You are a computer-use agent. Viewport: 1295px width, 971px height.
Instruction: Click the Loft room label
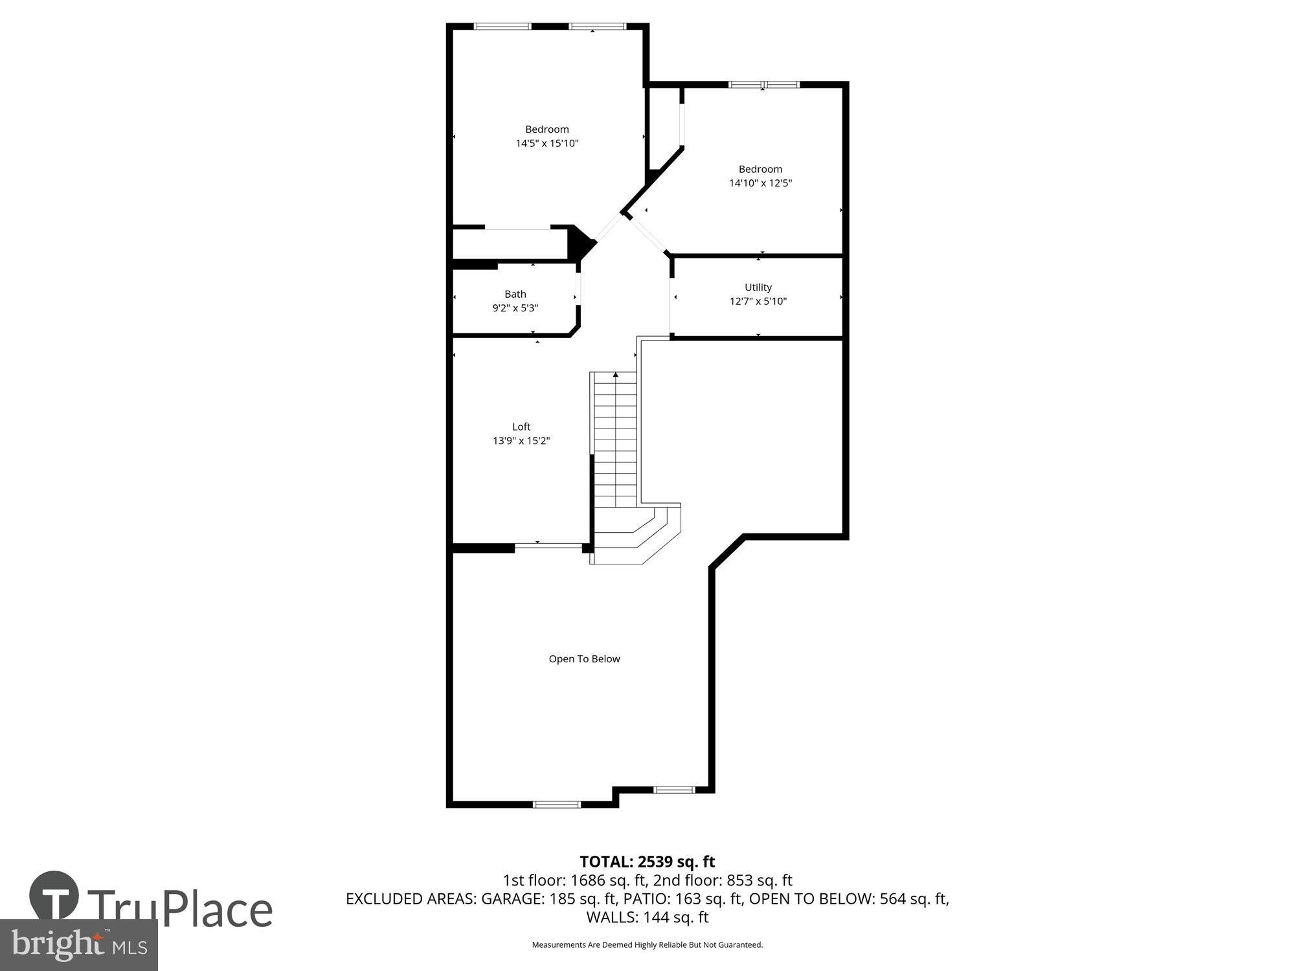point(521,427)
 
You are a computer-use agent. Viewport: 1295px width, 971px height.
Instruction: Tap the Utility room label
point(758,287)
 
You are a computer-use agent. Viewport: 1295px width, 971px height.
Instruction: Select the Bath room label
point(515,295)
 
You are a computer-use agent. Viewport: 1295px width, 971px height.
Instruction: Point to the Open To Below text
point(584,659)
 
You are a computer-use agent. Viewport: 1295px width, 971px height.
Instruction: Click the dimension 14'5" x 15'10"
point(547,144)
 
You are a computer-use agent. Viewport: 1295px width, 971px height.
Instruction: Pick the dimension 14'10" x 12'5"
point(760,183)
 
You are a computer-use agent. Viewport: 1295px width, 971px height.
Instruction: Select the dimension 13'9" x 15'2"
point(521,441)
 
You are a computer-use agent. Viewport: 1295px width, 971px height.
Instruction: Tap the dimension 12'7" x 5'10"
point(758,302)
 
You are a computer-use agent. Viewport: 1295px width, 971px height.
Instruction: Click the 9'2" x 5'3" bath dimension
point(515,309)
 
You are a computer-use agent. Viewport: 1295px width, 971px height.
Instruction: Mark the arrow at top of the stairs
point(616,375)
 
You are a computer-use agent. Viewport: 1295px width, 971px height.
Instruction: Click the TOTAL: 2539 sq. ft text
point(647,862)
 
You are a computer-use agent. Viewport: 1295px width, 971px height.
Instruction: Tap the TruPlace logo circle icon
point(54,896)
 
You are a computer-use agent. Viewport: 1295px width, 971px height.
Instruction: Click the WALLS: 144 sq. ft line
point(647,917)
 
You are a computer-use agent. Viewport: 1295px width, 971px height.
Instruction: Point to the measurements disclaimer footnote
point(647,945)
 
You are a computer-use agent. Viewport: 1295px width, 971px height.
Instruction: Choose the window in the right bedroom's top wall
point(764,84)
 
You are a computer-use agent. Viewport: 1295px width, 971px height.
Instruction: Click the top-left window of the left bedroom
point(502,27)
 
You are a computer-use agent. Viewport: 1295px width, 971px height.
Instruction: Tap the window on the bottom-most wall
point(557,805)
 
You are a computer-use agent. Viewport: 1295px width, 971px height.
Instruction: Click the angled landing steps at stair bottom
point(638,534)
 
